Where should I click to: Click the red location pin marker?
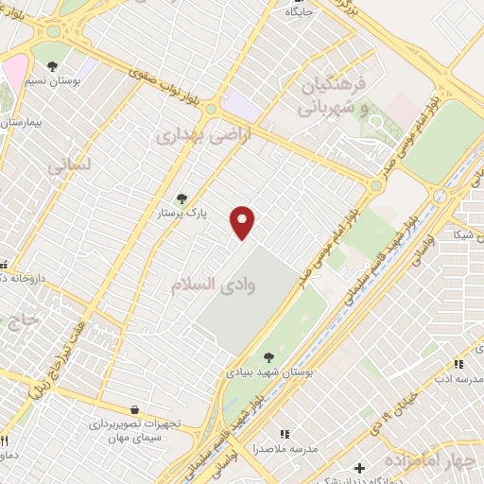[243, 223]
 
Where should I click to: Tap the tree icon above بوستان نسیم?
[52, 66]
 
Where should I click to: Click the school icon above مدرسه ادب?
[458, 363]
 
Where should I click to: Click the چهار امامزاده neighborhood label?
[433, 461]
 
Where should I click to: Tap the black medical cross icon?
[358, 467]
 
